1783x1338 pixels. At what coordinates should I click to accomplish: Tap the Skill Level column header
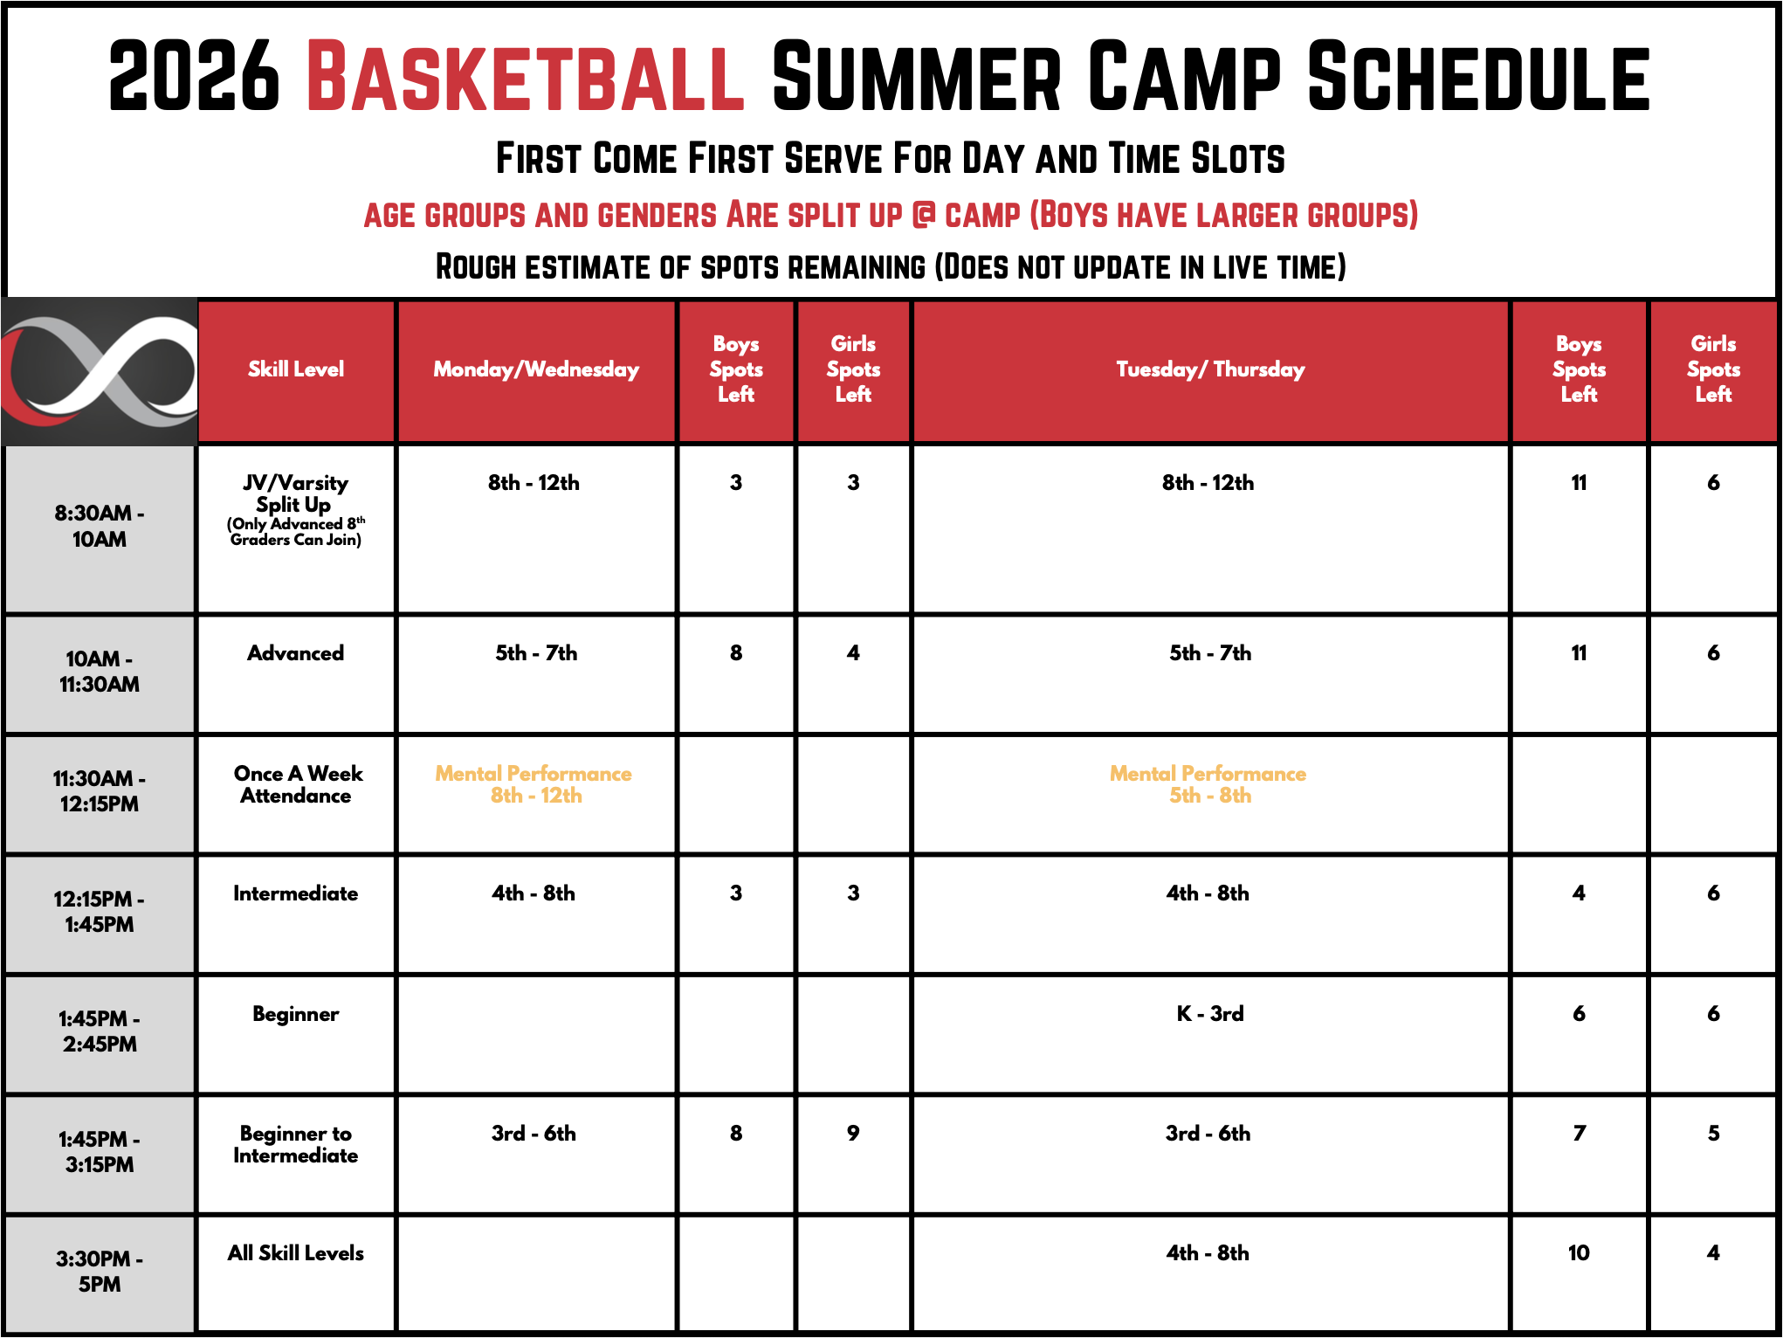pos(296,369)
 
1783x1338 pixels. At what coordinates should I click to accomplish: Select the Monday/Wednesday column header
pos(536,369)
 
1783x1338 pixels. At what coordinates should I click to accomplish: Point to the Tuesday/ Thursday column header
pos(1210,369)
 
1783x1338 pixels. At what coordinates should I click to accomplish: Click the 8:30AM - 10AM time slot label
pos(100,526)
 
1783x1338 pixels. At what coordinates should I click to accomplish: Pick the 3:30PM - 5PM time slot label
pos(100,1272)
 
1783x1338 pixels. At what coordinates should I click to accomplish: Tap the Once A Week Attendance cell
pos(297,784)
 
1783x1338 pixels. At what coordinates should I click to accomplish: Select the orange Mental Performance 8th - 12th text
pos(534,784)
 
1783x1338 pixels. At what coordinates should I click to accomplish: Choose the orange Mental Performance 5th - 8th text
pos(1208,784)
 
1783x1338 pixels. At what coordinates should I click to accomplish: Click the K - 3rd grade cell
pos(1210,1013)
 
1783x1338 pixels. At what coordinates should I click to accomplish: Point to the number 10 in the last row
pos(1579,1253)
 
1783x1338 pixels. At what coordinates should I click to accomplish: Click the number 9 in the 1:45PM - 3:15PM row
pos(853,1133)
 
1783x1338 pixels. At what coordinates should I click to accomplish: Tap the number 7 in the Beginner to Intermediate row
pos(1579,1133)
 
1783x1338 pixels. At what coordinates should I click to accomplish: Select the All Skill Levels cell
pos(296,1253)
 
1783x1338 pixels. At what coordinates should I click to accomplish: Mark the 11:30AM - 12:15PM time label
pos(100,791)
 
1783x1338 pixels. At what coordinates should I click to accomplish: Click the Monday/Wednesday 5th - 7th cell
pos(536,653)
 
